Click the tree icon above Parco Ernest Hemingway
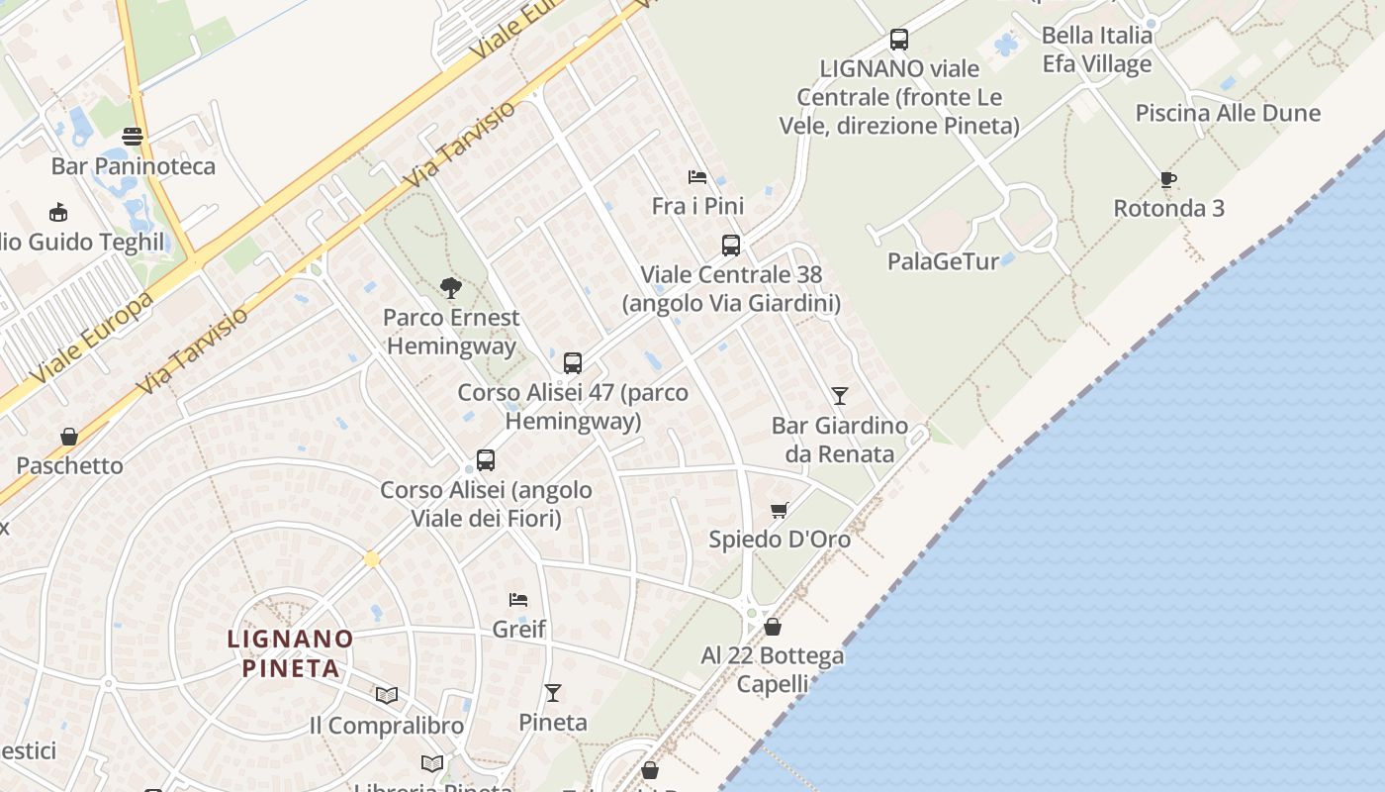[x=451, y=288]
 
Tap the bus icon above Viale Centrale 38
[x=731, y=246]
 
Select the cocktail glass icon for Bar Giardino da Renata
[x=840, y=396]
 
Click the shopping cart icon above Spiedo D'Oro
[x=780, y=511]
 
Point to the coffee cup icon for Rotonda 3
[x=1168, y=179]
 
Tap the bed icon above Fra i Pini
[x=697, y=177]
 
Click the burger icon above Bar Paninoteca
[x=133, y=137]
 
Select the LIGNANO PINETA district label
[x=291, y=653]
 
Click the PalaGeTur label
[x=943, y=261]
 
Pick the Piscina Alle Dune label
[x=1228, y=113]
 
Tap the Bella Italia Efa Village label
[x=1097, y=49]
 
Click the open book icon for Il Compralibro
[x=387, y=696]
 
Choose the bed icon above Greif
[x=518, y=599]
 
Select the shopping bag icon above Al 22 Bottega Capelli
[x=773, y=627]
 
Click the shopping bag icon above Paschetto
[x=69, y=437]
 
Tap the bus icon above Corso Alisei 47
[x=573, y=363]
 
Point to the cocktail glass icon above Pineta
[x=553, y=693]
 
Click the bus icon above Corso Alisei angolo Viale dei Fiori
[x=486, y=460]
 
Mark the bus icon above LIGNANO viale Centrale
[x=899, y=40]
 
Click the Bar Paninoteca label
[x=133, y=165]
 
